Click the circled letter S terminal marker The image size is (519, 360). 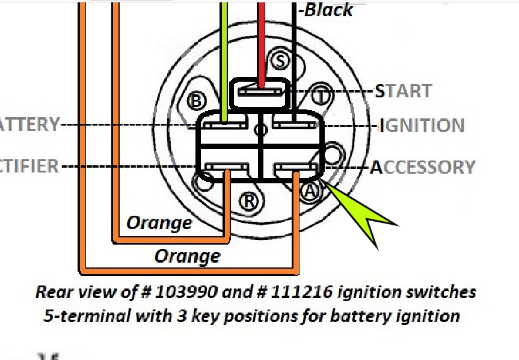tap(280, 59)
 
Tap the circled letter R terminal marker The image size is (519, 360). tap(248, 201)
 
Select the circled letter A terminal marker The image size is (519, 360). tap(309, 191)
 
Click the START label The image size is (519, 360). tap(403, 91)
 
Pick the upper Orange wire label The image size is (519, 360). tap(159, 223)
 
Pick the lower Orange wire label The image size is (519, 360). tap(187, 257)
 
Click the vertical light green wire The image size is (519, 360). tap(224, 60)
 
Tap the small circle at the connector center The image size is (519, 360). tap(260, 129)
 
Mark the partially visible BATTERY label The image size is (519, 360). tap(29, 125)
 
